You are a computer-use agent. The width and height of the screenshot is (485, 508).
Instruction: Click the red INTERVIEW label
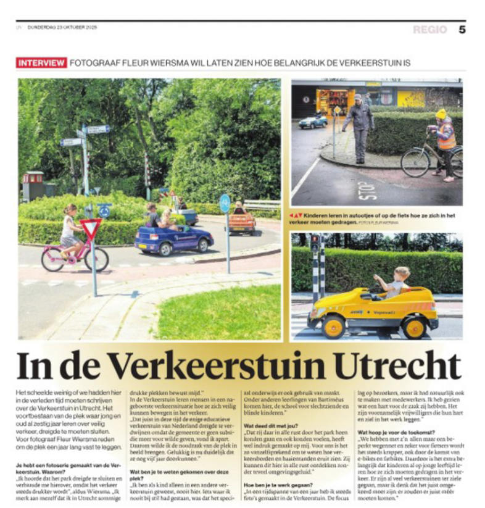(x=41, y=63)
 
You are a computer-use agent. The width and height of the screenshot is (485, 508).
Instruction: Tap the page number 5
(x=462, y=29)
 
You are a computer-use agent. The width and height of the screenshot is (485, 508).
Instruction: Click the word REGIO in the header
(x=429, y=30)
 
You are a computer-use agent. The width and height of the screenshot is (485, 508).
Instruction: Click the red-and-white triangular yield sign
(x=91, y=228)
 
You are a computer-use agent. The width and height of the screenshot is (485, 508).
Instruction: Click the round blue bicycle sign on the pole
(x=225, y=203)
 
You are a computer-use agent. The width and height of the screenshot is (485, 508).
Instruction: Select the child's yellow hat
(x=441, y=114)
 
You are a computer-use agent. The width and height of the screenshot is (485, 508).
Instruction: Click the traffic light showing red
(x=314, y=243)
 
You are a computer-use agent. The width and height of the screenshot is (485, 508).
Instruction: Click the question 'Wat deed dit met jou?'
(x=270, y=408)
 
